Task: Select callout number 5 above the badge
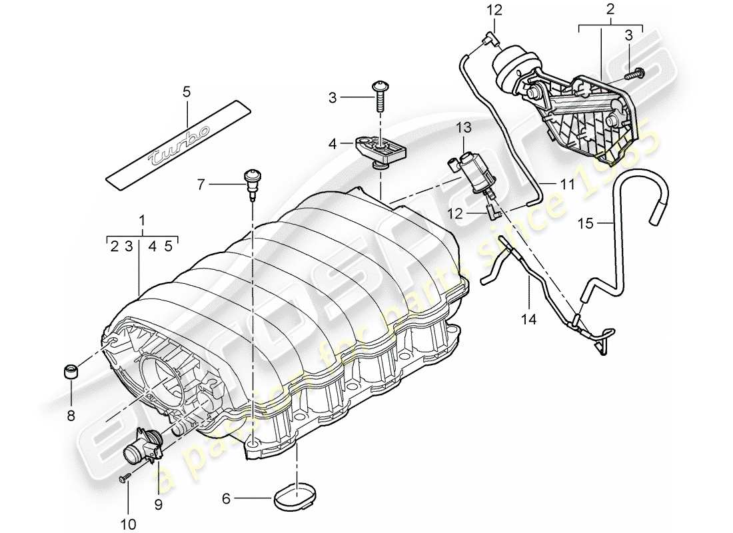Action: (x=187, y=92)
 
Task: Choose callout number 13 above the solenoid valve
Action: (x=464, y=127)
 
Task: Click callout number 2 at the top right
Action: (x=610, y=10)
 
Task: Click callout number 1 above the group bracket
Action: (x=141, y=219)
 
